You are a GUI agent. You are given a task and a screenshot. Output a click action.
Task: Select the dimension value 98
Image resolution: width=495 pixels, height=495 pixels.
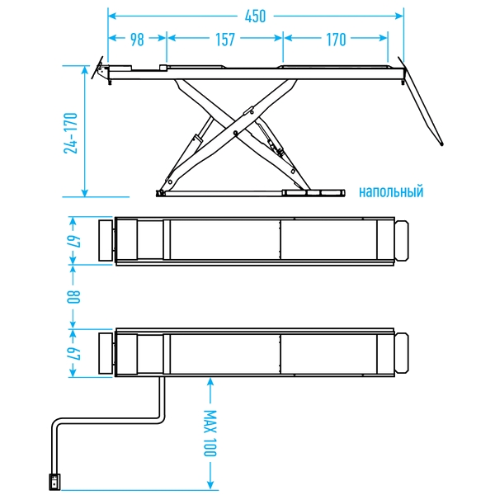pyautogui.click(x=137, y=39)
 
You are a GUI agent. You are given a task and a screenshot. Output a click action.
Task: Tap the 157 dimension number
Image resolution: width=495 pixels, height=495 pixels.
pyautogui.click(x=224, y=39)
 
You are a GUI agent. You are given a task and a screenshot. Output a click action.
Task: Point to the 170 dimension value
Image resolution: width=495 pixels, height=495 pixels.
pyautogui.click(x=336, y=39)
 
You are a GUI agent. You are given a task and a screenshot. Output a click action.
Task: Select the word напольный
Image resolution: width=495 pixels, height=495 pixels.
pyautogui.click(x=390, y=192)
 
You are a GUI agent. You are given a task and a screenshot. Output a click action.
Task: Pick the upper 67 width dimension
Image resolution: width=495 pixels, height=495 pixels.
pyautogui.click(x=73, y=240)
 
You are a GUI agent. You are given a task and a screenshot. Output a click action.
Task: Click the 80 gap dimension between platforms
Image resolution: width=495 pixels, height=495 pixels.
pyautogui.click(x=73, y=296)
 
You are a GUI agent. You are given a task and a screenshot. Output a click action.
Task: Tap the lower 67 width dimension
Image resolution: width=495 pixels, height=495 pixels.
pyautogui.click(x=73, y=352)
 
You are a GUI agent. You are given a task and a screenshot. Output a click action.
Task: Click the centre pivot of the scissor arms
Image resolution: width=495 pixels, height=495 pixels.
pyautogui.click(x=236, y=132)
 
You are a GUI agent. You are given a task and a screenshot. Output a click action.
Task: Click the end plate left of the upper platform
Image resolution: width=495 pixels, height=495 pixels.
pyautogui.click(x=106, y=240)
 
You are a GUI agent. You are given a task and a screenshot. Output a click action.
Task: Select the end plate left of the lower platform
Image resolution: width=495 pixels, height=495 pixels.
pyautogui.click(x=106, y=353)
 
